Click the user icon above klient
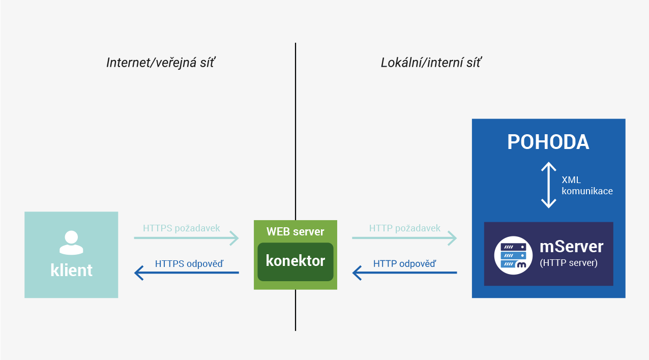71,243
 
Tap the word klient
71,270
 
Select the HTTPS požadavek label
182,228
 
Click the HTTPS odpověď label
189,263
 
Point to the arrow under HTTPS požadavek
186,238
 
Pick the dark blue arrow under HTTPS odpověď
187,273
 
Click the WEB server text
295,232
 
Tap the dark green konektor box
295,262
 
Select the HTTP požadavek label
405,228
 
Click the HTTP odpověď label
405,263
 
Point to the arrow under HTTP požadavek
404,238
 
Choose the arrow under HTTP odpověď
404,273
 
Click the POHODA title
548,142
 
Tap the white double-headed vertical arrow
548,185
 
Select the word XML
571,180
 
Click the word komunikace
587,191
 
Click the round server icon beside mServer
513,255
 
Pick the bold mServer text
571,247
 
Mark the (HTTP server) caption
569,263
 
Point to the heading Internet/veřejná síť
161,63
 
